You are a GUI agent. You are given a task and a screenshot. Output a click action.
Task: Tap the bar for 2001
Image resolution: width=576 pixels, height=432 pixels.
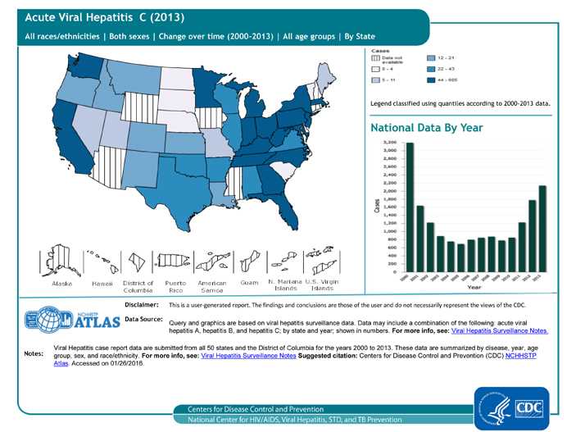click(420, 238)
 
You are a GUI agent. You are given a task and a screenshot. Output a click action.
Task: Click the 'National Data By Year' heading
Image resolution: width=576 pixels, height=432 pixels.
click(426, 128)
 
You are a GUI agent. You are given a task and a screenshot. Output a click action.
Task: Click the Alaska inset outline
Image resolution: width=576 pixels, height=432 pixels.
click(61, 260)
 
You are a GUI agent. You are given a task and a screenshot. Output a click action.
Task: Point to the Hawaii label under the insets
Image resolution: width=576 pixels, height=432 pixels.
click(102, 284)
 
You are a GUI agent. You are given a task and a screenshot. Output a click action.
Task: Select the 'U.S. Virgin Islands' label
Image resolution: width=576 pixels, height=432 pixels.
click(322, 286)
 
